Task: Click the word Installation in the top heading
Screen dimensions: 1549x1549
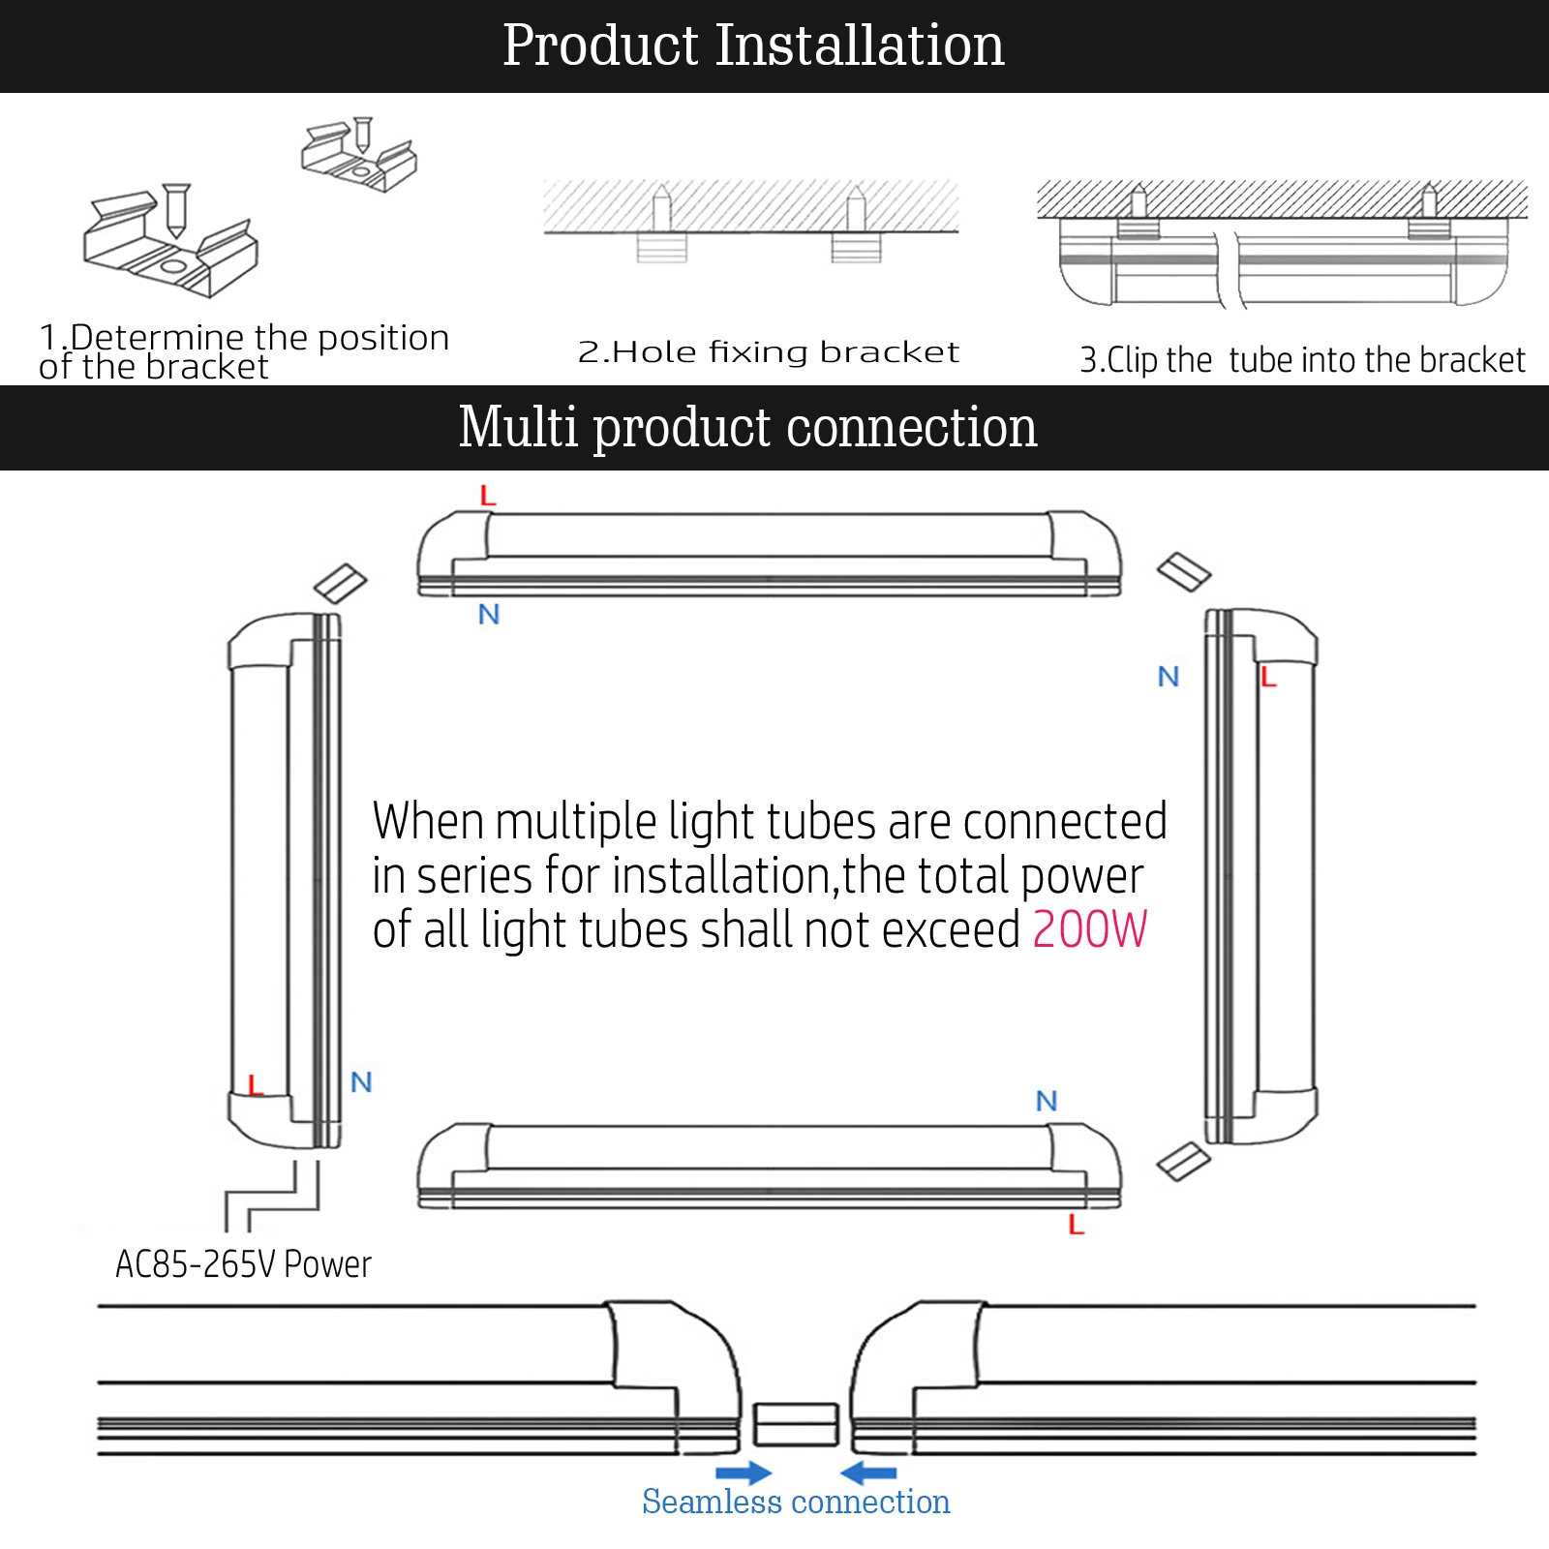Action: pyautogui.click(x=860, y=46)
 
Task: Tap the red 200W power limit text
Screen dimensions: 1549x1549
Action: pyautogui.click(x=1090, y=929)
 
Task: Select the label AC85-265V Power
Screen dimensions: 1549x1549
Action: pyautogui.click(x=243, y=1264)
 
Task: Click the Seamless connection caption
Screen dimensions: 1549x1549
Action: pyautogui.click(x=796, y=1502)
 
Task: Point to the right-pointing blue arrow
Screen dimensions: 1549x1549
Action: pyautogui.click(x=744, y=1473)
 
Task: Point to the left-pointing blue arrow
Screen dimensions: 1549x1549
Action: pyautogui.click(x=868, y=1473)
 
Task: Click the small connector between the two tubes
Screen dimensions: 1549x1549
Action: pyautogui.click(x=796, y=1425)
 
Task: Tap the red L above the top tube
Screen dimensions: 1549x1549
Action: pyautogui.click(x=488, y=496)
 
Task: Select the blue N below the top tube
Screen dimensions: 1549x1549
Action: pyautogui.click(x=489, y=614)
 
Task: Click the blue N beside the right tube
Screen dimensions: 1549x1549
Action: pyautogui.click(x=1169, y=677)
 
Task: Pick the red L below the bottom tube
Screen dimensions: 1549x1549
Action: pyautogui.click(x=1077, y=1225)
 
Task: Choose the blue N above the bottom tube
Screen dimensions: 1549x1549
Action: pyautogui.click(x=1047, y=1101)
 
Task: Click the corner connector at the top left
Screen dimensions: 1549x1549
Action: pyautogui.click(x=341, y=582)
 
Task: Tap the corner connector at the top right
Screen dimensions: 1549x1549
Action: pyautogui.click(x=1184, y=571)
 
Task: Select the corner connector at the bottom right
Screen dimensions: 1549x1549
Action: pyautogui.click(x=1184, y=1162)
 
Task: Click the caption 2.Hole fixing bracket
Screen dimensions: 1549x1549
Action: pyautogui.click(x=769, y=352)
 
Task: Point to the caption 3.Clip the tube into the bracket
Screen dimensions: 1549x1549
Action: pyautogui.click(x=1302, y=360)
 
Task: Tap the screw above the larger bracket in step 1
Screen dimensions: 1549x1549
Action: pyautogui.click(x=175, y=210)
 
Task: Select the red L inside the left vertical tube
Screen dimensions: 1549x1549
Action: pyautogui.click(x=256, y=1085)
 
